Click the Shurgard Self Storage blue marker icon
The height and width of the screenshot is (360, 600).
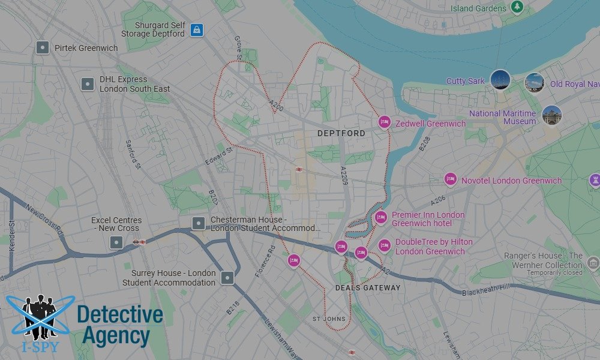[196, 29]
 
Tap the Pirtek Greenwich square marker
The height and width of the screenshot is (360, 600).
[42, 47]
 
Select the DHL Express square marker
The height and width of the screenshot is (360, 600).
[88, 84]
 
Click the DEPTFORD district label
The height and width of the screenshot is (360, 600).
[341, 133]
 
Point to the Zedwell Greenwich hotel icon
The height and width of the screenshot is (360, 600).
[384, 122]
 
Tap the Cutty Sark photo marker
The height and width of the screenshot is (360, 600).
[500, 80]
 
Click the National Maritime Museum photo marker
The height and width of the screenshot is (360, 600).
[551, 115]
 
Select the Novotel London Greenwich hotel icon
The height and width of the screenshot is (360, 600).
[450, 179]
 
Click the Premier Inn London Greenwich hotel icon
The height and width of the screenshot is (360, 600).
[380, 218]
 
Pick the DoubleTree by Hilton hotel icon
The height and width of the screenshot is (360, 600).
[384, 245]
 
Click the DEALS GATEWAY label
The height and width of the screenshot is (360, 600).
[367, 287]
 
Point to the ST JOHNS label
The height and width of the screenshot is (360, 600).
[329, 319]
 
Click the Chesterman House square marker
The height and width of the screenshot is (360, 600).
[198, 224]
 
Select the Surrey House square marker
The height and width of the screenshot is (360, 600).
[227, 277]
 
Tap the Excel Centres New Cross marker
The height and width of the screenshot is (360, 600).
[116, 242]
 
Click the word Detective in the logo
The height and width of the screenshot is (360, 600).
[120, 314]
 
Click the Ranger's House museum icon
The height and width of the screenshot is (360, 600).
[593, 263]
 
